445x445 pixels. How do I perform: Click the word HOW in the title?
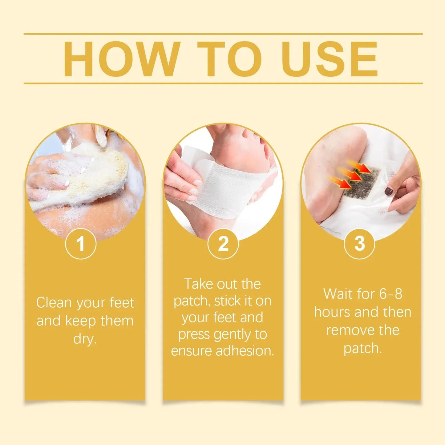(x=122, y=59)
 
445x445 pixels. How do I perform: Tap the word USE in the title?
(x=329, y=59)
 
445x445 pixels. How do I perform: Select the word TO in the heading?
(x=229, y=59)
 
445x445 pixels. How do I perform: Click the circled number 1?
(x=81, y=244)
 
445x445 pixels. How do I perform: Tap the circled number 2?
(x=223, y=244)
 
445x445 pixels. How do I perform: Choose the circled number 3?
(x=359, y=244)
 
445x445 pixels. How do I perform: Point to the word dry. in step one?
(x=85, y=339)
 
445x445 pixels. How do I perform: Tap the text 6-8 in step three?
(x=390, y=294)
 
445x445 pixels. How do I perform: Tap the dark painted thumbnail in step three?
(x=389, y=191)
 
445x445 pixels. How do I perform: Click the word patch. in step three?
(x=362, y=349)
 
